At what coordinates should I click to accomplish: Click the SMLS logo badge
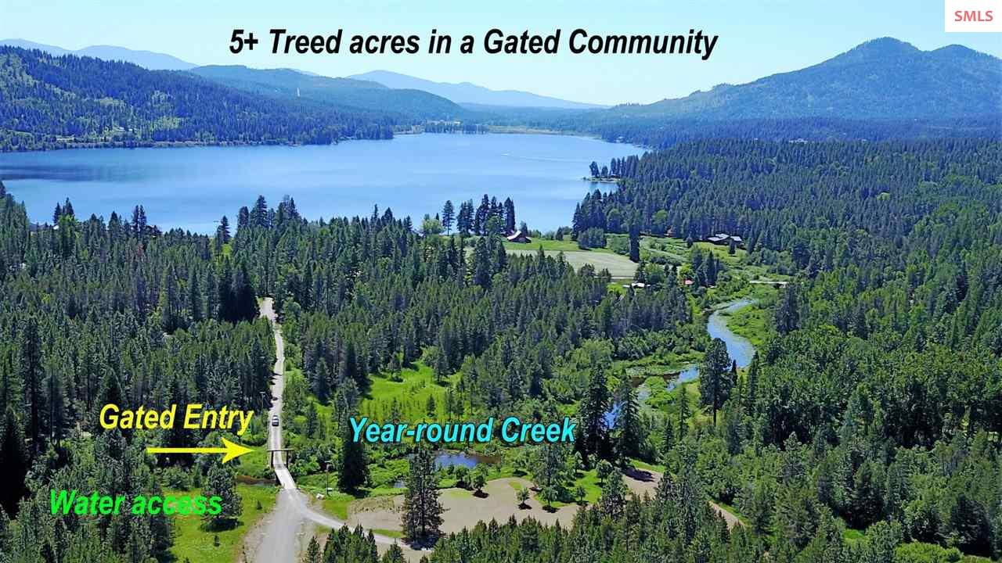973,16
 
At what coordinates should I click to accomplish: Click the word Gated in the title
521,42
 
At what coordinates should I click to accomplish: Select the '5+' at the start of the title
243,42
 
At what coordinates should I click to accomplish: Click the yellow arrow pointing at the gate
200,450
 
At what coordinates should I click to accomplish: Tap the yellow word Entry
218,418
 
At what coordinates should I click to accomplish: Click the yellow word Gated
137,417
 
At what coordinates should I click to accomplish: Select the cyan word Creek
538,430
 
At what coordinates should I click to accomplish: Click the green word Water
87,502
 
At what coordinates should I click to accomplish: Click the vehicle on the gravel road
275,421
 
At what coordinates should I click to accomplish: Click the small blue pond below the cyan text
461,459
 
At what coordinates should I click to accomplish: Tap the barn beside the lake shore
518,237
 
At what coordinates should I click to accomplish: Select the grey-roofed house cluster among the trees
725,239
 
